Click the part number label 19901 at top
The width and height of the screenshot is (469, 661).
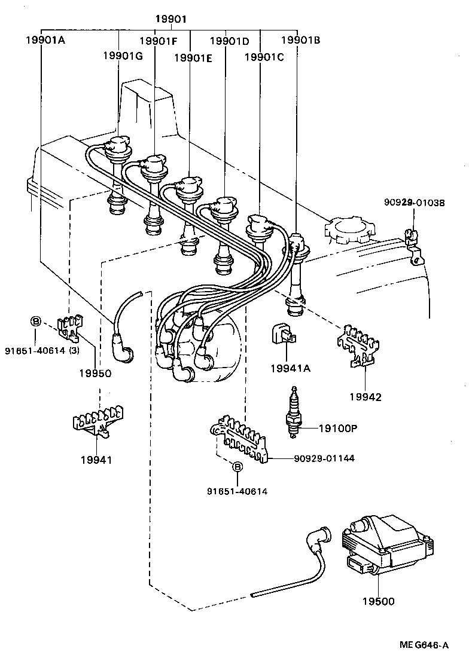(x=171, y=19)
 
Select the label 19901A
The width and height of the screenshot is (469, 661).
(x=46, y=41)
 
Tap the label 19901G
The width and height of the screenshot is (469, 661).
(x=123, y=56)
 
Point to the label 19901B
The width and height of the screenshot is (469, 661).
(x=300, y=41)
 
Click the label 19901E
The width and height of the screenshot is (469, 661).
(x=193, y=58)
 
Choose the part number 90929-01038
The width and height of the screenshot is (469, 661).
(x=415, y=203)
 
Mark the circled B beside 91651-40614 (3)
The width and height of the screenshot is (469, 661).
(x=35, y=322)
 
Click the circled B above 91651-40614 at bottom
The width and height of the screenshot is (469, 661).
(x=237, y=467)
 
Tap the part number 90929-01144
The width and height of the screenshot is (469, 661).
(x=324, y=458)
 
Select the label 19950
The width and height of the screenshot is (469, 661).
(x=95, y=373)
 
